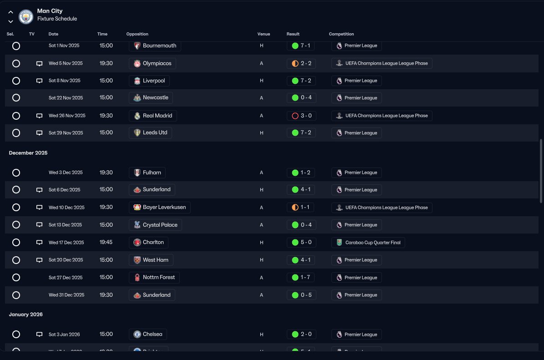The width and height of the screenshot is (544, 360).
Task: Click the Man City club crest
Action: (25, 16)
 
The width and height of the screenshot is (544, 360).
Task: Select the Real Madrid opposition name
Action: (158, 116)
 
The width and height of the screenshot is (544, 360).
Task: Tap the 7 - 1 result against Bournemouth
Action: (301, 46)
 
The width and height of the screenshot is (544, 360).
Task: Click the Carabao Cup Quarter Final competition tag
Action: (368, 243)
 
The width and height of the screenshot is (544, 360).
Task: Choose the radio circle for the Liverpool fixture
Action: (16, 81)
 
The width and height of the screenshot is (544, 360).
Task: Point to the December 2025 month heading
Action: (28, 153)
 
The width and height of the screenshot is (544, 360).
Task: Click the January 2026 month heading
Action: (25, 314)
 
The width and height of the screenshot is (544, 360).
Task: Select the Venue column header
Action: (264, 34)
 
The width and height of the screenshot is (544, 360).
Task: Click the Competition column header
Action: (341, 34)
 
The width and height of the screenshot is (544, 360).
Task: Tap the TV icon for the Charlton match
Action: (39, 243)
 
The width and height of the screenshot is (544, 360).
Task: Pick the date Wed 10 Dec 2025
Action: (66, 208)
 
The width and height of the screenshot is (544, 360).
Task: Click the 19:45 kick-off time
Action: (106, 242)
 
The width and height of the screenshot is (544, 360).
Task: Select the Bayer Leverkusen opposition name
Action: (164, 207)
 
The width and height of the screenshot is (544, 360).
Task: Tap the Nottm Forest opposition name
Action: (159, 277)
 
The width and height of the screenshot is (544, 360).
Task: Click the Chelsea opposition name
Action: (153, 334)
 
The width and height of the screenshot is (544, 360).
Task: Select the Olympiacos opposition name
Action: (157, 63)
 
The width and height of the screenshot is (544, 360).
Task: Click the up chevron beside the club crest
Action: (11, 12)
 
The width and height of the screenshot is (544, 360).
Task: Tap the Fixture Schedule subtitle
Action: (57, 19)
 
